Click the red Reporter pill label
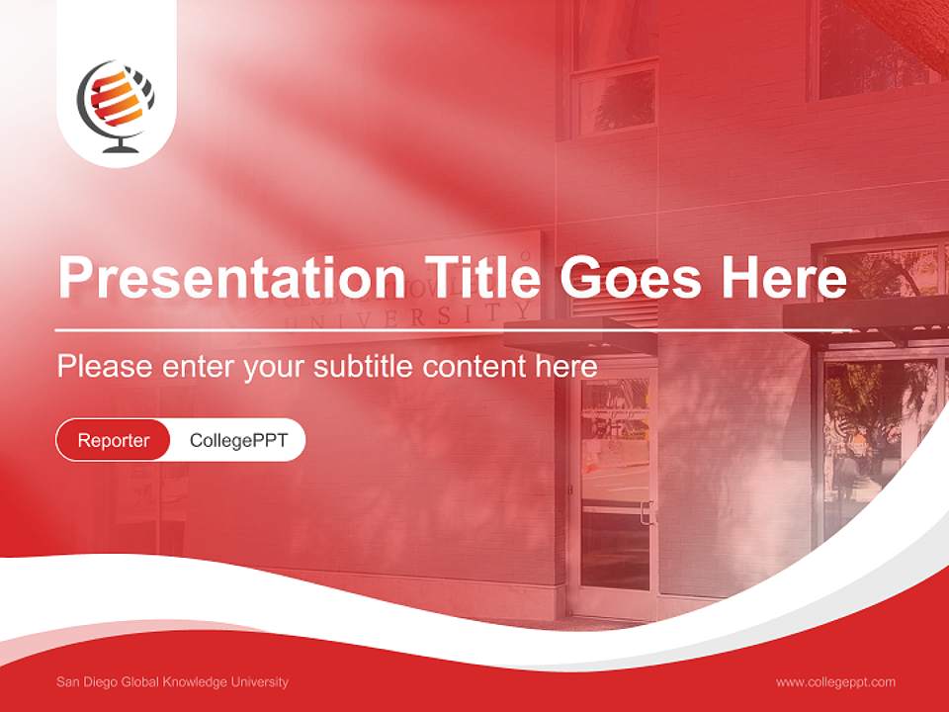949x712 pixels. coord(114,440)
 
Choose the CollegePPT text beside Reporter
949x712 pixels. coord(238,440)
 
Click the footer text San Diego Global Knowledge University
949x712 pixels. coord(173,682)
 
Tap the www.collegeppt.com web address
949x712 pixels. coord(835,682)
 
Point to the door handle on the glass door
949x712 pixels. coord(647,511)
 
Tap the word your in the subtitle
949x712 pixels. coord(276,367)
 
